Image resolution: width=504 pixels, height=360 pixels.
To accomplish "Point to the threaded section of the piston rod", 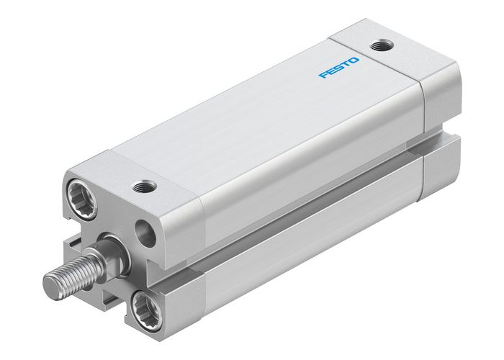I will [69, 271].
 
